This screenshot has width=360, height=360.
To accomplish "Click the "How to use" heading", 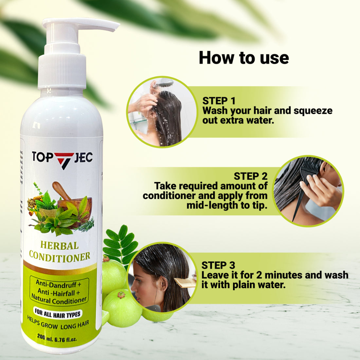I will (244, 58).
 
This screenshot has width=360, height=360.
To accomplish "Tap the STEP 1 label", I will (219, 101).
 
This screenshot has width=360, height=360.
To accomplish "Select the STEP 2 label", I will (250, 176).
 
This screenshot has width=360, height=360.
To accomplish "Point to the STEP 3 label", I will (218, 265).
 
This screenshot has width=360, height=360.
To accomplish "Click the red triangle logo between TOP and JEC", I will (64, 160).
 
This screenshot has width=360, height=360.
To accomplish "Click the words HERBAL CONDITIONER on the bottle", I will (60, 251).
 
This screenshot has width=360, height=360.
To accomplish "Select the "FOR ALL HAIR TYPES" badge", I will (58, 313).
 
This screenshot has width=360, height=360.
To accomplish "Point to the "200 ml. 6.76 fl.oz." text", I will (57, 337).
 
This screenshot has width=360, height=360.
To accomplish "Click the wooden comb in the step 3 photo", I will (185, 282).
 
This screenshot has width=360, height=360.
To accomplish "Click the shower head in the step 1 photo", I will (163, 84).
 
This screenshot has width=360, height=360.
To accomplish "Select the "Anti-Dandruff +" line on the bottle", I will (58, 283).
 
